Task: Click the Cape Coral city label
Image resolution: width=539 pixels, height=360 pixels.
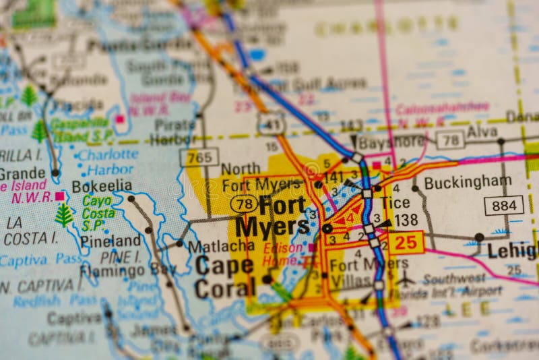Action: pyautogui.click(x=224, y=276)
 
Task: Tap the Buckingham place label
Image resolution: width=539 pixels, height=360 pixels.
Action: pyautogui.click(x=468, y=182)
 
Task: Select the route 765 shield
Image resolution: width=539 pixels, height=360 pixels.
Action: pyautogui.click(x=199, y=157)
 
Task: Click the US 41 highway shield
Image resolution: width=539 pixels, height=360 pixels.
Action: pyautogui.click(x=270, y=123)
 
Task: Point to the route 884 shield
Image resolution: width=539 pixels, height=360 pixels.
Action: pyautogui.click(x=503, y=205)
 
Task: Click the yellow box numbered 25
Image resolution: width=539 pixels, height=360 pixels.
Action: pyautogui.click(x=406, y=243)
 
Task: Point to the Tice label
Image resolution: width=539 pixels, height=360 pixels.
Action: pyautogui.click(x=395, y=203)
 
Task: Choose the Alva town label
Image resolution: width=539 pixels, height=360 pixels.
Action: pyautogui.click(x=482, y=131)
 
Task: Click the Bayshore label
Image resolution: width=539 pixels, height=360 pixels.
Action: pyautogui.click(x=391, y=142)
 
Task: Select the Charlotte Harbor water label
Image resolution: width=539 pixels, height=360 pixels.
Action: pyautogui.click(x=108, y=162)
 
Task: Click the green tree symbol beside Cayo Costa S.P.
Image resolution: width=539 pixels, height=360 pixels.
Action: pyautogui.click(x=64, y=214)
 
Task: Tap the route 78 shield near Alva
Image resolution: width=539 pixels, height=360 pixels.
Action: pyautogui.click(x=450, y=140)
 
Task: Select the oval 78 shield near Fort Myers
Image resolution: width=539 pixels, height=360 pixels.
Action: pyautogui.click(x=243, y=203)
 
